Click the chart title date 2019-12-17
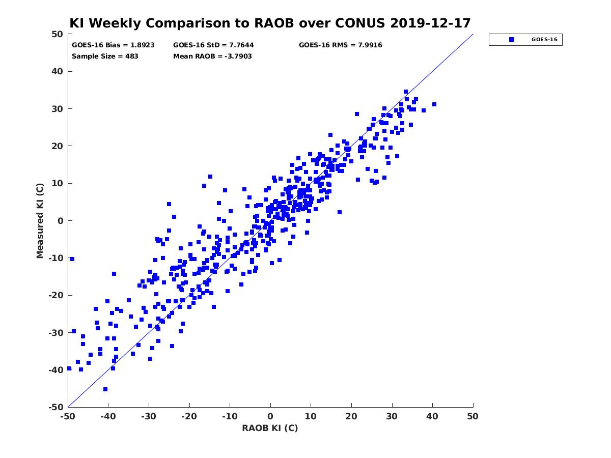pos(430,23)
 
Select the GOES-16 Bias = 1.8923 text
pos(113,45)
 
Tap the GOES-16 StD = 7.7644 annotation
pos(213,45)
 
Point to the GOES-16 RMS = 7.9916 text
pos(340,45)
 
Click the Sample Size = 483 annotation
pos(105,56)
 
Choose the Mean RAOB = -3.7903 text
pos(212,56)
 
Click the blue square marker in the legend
pos(512,40)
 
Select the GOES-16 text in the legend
pos(544,40)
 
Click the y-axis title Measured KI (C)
pos(40,220)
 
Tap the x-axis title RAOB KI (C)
pos(270,427)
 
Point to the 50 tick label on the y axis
pos(58,34)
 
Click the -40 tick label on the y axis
pos(56,370)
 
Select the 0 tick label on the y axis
pos(61,221)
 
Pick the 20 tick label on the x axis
pos(351,416)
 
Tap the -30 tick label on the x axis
pos(148,416)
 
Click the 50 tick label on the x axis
pos(473,416)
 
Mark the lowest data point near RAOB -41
pos(105,389)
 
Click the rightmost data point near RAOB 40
pos(434,104)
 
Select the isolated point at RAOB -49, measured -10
pos(72,259)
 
